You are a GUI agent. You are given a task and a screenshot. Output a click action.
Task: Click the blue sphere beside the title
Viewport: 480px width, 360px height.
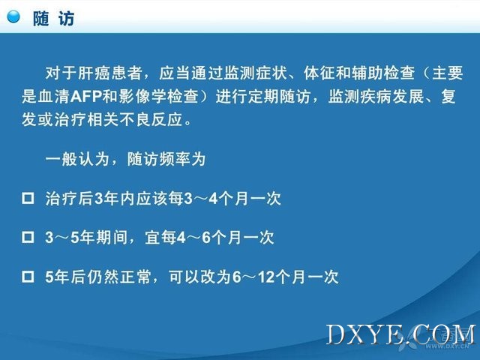click(13, 16)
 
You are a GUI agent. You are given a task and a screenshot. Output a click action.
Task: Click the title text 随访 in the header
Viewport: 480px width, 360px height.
click(54, 19)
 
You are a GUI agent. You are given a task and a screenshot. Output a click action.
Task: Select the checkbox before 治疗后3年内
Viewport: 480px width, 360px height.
click(28, 198)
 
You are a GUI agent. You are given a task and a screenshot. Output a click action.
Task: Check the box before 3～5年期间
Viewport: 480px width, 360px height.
click(28, 237)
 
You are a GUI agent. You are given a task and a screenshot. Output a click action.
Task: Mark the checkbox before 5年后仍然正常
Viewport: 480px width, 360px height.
click(28, 277)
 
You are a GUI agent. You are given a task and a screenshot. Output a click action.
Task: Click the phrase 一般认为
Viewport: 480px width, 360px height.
click(77, 159)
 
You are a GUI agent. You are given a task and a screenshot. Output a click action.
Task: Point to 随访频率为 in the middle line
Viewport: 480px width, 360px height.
click(166, 159)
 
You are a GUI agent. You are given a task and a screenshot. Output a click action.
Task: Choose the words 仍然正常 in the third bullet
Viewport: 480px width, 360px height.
click(119, 277)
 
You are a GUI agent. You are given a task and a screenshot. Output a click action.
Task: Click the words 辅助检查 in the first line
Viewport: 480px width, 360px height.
click(384, 73)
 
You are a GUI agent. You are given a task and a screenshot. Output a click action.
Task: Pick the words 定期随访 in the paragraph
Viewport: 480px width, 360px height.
click(279, 97)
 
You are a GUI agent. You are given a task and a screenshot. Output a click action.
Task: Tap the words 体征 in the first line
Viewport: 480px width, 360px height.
click(319, 73)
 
